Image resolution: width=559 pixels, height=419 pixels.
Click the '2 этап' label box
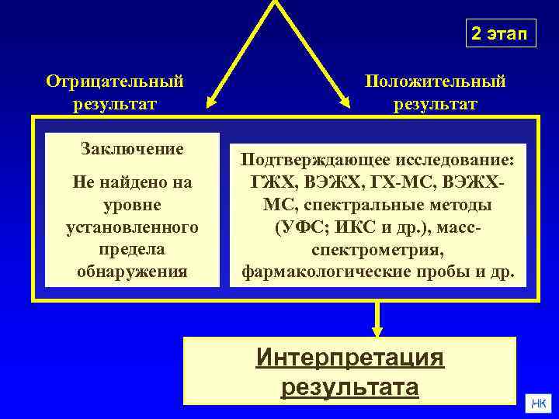pyautogui.click(x=501, y=33)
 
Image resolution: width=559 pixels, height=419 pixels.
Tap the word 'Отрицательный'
pyautogui.click(x=115, y=81)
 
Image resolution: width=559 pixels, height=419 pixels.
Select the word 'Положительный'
pyautogui.click(x=436, y=81)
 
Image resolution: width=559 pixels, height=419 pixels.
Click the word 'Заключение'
pyautogui.click(x=132, y=149)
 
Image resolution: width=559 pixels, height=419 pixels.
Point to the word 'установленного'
pyautogui.click(x=132, y=227)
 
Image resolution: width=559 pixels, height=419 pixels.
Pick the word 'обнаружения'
pyautogui.click(x=132, y=272)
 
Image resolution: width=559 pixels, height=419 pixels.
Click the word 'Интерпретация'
pyautogui.click(x=349, y=358)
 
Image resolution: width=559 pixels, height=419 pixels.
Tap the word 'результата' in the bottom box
pyautogui.click(x=349, y=386)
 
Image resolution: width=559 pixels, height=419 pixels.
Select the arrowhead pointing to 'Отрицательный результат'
pyautogui.click(x=210, y=103)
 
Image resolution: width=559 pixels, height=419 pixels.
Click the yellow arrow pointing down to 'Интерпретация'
pyautogui.click(x=377, y=318)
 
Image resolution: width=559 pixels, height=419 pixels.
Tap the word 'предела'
pyautogui.click(x=132, y=250)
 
